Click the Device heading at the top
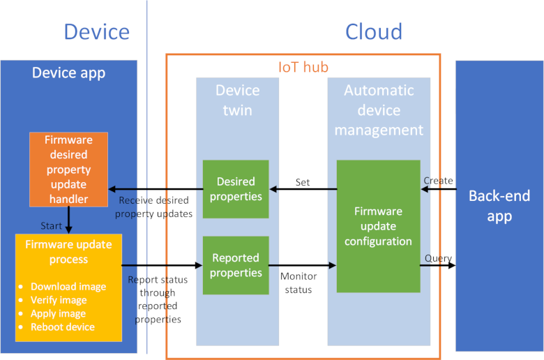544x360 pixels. pos(96,31)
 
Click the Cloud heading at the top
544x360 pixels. pos(374,31)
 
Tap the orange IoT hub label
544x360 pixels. pos(303,68)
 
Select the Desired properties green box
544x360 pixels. pos(236,189)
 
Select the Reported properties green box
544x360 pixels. pos(236,265)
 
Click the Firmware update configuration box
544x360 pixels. pos(378,226)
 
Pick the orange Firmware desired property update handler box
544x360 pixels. pos(68,170)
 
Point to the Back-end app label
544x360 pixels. pos(499,206)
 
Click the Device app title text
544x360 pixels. pos(68,73)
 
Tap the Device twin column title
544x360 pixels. pos(237,100)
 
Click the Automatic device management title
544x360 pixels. pos(379,110)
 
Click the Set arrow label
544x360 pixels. pos(303,182)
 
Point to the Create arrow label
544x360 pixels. pos(438,181)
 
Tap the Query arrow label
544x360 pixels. pos(438,258)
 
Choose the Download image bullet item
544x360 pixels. pos(68,287)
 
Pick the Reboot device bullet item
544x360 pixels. pos(63,327)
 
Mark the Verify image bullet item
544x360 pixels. pos(59,300)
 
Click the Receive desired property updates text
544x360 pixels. pos(153,207)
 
